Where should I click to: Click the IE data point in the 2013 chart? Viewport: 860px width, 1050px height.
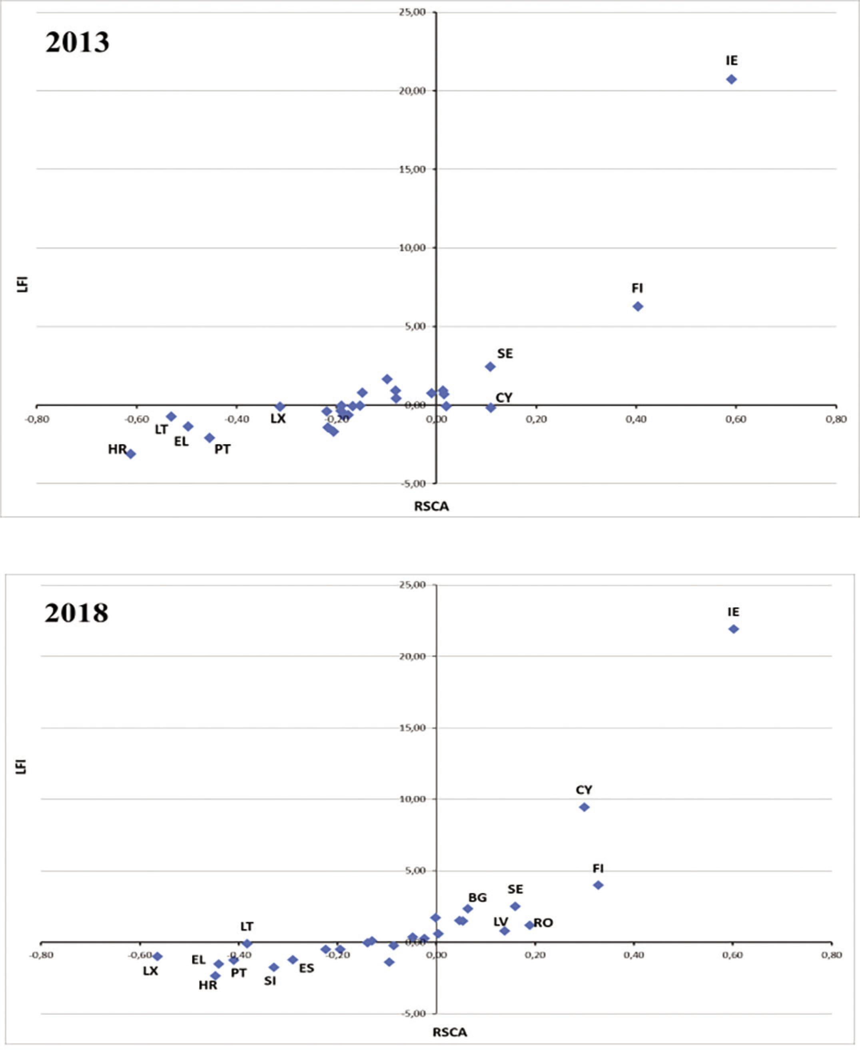click(x=731, y=79)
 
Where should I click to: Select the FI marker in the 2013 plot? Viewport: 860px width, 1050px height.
click(x=638, y=306)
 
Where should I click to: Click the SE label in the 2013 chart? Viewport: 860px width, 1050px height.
click(x=505, y=353)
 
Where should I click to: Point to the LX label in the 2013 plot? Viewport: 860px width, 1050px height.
click(x=278, y=418)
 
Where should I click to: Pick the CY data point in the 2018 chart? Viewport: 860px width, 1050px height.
click(x=584, y=807)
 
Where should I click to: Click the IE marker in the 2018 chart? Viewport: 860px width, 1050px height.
click(x=734, y=629)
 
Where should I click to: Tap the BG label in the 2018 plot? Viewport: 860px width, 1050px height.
click(x=477, y=897)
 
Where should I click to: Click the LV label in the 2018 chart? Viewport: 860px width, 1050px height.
click(x=501, y=922)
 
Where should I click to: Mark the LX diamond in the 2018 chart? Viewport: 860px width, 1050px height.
click(x=158, y=956)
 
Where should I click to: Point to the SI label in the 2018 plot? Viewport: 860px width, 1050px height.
click(x=270, y=981)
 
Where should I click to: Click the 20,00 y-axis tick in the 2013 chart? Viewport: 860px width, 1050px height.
click(x=413, y=91)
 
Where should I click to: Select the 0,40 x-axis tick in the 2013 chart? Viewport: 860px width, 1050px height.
click(x=636, y=420)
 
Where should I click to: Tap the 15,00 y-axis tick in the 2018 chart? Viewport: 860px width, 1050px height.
click(x=413, y=728)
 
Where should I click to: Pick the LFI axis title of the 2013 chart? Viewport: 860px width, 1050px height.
click(x=22, y=284)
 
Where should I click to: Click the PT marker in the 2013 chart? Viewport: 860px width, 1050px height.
click(x=210, y=438)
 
